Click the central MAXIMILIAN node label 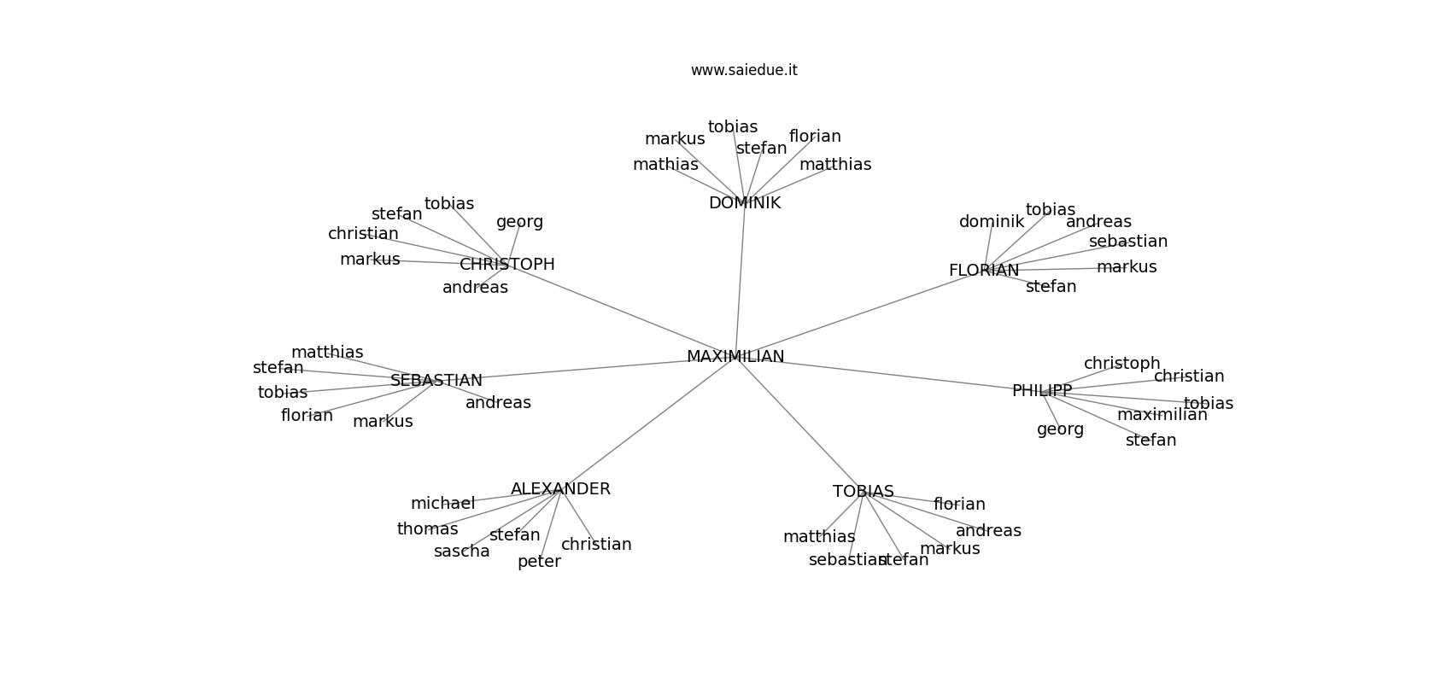tap(735, 357)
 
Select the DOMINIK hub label tap(745, 203)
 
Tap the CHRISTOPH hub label tap(507, 265)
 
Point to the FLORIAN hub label tap(984, 271)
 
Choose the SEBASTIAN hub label tap(436, 381)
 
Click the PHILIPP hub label tap(1042, 391)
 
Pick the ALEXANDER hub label tap(560, 489)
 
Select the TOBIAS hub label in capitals tap(864, 492)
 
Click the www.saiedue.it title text tap(744, 70)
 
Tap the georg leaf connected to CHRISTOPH tap(519, 222)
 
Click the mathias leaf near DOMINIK tap(665, 165)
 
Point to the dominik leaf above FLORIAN tap(992, 222)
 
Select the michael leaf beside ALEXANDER tap(442, 504)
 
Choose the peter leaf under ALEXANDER tap(539, 562)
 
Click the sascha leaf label tap(462, 552)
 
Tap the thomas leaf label tap(428, 529)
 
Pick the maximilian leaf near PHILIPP tap(1162, 415)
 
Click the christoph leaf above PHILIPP tap(1122, 364)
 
